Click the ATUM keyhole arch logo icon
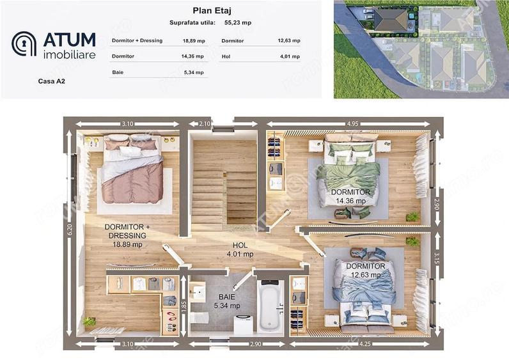[24, 44]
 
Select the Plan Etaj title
[212, 11]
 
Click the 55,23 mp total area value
[238, 23]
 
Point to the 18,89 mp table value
[194, 41]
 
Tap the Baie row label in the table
[118, 72]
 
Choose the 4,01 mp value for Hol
[290, 56]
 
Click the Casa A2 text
[52, 81]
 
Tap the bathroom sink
[198, 291]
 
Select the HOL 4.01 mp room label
[240, 249]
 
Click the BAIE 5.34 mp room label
[227, 301]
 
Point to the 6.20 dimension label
[70, 230]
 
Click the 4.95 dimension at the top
[352, 123]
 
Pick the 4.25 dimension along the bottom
[365, 344]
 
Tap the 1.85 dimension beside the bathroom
[184, 306]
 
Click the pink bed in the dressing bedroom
[132, 169]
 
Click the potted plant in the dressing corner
[89, 322]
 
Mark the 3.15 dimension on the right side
[437, 259]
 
